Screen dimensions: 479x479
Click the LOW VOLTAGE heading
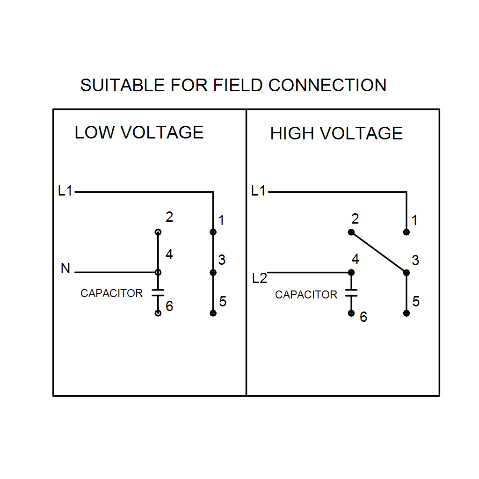click(x=139, y=132)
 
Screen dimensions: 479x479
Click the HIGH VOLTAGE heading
click(x=336, y=133)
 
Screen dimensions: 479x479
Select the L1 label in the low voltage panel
click(x=65, y=191)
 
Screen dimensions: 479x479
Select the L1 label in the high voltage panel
click(x=258, y=191)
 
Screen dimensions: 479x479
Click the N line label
click(x=65, y=269)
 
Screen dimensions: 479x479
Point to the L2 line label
click(x=259, y=278)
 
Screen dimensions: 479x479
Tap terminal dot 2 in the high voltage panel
click(x=351, y=232)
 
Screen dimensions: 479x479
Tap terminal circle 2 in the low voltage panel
click(x=158, y=232)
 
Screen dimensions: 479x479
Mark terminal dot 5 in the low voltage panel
click(x=213, y=313)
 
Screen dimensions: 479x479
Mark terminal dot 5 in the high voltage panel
click(x=406, y=313)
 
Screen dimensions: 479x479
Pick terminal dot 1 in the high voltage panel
click(x=406, y=232)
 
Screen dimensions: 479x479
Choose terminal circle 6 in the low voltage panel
click(x=158, y=313)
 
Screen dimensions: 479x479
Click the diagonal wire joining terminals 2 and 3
click(x=378, y=252)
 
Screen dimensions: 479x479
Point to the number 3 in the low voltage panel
click(x=222, y=260)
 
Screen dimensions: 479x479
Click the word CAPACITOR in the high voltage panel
click(x=306, y=295)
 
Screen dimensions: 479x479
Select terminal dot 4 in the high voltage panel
click(x=351, y=272)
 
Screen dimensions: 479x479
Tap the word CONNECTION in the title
click(x=327, y=85)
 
